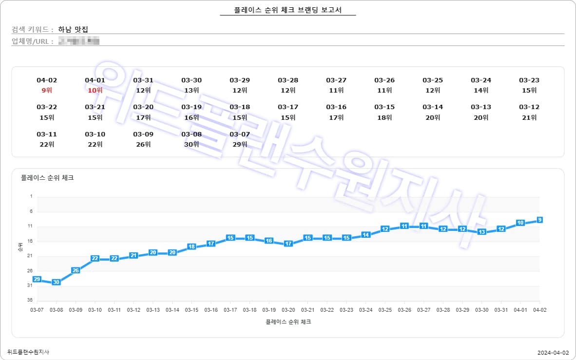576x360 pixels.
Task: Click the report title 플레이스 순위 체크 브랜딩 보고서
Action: click(x=288, y=10)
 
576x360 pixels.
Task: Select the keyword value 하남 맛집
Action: click(x=73, y=30)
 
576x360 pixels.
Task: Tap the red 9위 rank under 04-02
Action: click(x=47, y=90)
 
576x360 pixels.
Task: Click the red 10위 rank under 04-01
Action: click(x=95, y=90)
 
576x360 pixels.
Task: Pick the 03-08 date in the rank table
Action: click(x=192, y=134)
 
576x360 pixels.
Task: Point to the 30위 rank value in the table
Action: click(x=192, y=144)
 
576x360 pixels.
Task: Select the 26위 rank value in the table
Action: click(x=143, y=144)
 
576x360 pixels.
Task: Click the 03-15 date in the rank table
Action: click(x=384, y=107)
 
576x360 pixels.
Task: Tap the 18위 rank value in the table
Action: click(x=384, y=117)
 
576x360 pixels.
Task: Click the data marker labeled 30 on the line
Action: click(x=56, y=282)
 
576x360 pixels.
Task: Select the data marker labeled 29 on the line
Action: click(x=37, y=279)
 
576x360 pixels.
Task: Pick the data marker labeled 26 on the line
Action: click(x=76, y=270)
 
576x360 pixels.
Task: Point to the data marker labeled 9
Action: click(x=539, y=220)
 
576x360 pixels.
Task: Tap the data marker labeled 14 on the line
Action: click(x=365, y=235)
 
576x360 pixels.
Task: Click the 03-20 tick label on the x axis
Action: click(x=288, y=310)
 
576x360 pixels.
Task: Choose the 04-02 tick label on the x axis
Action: click(x=539, y=310)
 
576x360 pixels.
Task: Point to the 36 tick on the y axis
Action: click(x=31, y=300)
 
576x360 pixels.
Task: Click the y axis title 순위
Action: click(x=20, y=248)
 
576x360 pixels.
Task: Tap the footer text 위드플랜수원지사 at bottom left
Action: click(x=28, y=352)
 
